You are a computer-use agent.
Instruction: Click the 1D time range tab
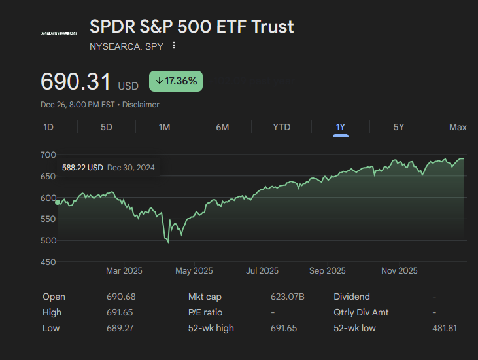click(x=48, y=127)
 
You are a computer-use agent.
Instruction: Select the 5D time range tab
click(x=107, y=127)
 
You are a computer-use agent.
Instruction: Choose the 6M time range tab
click(x=222, y=127)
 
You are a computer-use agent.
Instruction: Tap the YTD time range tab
click(x=282, y=127)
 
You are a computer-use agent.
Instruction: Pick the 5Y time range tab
click(x=399, y=127)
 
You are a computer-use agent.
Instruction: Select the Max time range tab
click(x=458, y=127)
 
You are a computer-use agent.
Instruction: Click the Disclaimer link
click(x=141, y=105)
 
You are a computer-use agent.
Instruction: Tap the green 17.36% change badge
click(x=177, y=81)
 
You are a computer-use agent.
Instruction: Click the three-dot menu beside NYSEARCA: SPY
click(x=174, y=46)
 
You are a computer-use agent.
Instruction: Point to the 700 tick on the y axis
click(x=48, y=154)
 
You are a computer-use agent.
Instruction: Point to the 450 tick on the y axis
click(x=48, y=262)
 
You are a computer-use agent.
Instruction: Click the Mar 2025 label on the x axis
click(x=124, y=270)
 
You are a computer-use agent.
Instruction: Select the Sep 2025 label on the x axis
click(x=327, y=270)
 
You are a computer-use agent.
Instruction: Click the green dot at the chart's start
click(x=58, y=202)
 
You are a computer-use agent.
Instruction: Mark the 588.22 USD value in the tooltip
click(x=82, y=168)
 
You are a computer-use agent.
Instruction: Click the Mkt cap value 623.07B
click(x=288, y=297)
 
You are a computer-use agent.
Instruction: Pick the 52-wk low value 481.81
click(x=445, y=328)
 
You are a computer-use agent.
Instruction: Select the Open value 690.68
click(x=121, y=297)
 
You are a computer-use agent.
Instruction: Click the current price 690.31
click(x=76, y=82)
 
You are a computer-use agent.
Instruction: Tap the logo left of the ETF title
click(x=59, y=33)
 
